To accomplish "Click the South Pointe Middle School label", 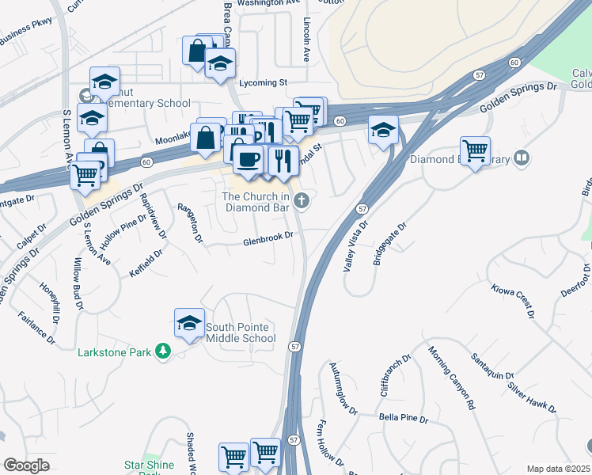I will [241, 332].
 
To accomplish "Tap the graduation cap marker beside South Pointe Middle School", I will [189, 323].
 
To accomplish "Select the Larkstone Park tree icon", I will [163, 350].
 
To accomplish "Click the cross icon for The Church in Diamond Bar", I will [301, 201].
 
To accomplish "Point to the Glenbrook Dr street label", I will [268, 237].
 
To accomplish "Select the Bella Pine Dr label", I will [403, 417].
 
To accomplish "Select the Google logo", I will [26, 465].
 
